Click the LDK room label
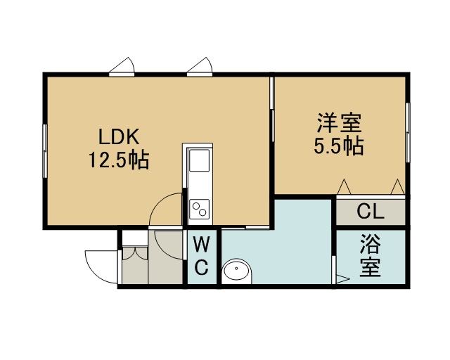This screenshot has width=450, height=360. (x=119, y=136)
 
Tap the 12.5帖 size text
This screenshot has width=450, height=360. (x=119, y=160)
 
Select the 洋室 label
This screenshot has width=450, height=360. (x=339, y=123)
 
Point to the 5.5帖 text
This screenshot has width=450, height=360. (x=339, y=146)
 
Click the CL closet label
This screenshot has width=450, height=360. (x=371, y=212)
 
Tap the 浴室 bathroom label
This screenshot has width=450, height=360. (x=371, y=255)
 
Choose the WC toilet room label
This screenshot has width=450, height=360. (x=202, y=255)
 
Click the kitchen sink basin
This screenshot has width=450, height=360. (x=198, y=160)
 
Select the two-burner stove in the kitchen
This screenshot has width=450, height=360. (x=200, y=209)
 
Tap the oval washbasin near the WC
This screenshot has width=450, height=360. (x=237, y=271)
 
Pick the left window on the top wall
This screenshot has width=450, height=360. (x=122, y=75)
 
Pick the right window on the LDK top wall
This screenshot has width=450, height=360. (x=200, y=75)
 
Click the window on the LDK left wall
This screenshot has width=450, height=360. (x=45, y=150)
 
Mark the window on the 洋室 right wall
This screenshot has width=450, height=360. (x=408, y=132)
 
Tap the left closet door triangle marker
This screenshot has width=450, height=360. (x=344, y=186)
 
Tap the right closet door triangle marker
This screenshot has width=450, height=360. (x=397, y=186)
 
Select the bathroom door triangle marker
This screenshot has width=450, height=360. (x=342, y=278)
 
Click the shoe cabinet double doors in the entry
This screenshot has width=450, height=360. (x=135, y=252)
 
